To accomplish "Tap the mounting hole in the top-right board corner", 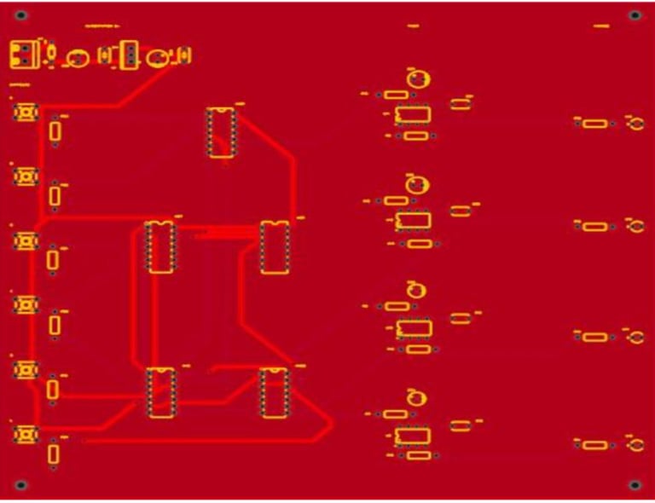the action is (634, 16).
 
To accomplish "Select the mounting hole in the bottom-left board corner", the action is (21, 485).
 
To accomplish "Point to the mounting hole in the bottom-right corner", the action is (634, 485).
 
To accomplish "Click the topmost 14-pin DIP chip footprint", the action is (221, 132).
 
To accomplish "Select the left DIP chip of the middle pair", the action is (159, 247).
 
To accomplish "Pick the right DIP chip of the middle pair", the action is (274, 247).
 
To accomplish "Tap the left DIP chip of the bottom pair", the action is (160, 392).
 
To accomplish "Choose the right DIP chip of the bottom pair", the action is (273, 393).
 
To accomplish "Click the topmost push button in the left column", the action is (26, 112).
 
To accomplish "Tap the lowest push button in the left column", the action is (26, 435).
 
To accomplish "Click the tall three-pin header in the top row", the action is (130, 55).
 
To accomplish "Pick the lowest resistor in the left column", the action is (54, 454).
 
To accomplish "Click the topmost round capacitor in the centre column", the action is (418, 79).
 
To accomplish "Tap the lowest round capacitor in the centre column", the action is (417, 396).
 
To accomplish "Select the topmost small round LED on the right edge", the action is (635, 124).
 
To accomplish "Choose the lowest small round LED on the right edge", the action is (635, 444).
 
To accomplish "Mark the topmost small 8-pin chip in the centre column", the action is (413, 114).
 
